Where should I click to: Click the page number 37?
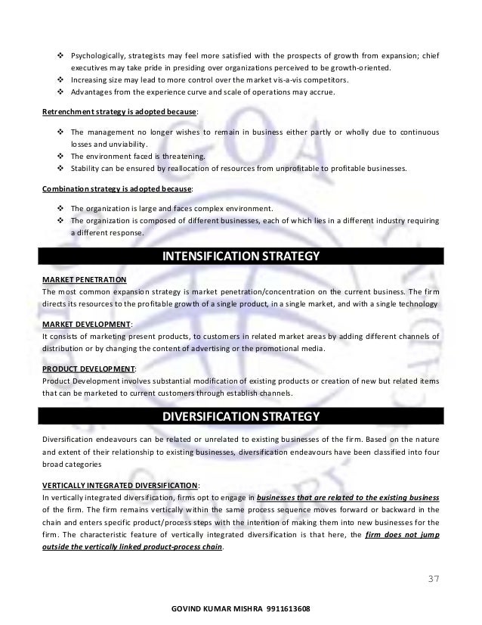[431, 580]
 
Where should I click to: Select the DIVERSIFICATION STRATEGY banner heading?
[241, 417]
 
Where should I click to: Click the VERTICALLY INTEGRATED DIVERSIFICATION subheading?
[120, 485]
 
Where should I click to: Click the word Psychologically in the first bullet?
[97, 55]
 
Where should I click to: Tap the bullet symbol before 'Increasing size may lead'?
[60, 79]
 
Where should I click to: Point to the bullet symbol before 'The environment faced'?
[60, 157]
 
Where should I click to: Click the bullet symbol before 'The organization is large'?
[60, 208]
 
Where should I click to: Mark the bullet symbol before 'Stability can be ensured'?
[60, 169]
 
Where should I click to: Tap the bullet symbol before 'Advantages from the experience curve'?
[60, 92]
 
